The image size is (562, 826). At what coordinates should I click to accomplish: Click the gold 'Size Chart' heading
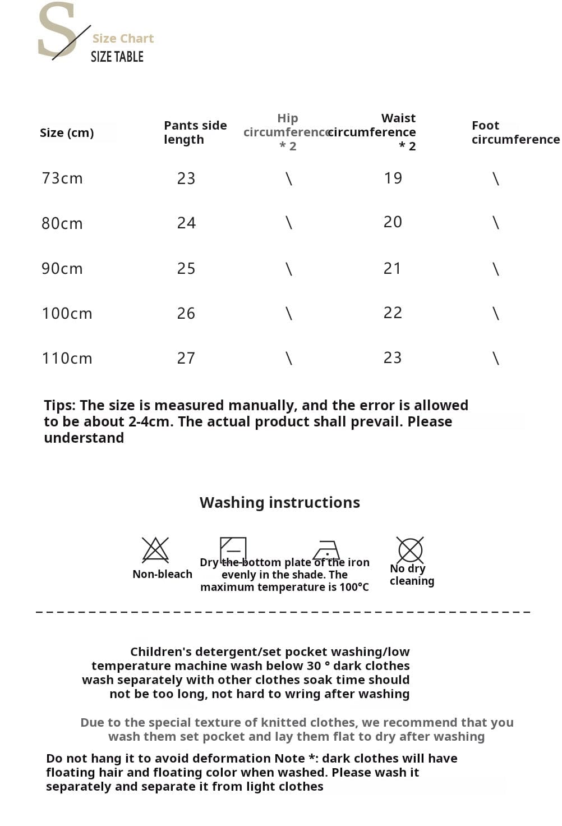point(123,38)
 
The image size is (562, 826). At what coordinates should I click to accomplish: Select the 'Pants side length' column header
point(195,132)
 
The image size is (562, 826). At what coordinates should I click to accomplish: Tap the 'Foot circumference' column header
point(515,132)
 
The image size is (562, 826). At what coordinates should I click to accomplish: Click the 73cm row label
point(62,178)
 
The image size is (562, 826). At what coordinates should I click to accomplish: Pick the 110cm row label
point(67,358)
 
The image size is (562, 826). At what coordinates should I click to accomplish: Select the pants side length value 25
point(186,268)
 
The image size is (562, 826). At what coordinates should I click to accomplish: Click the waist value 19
point(393,178)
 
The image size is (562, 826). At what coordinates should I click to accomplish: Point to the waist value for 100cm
point(393,313)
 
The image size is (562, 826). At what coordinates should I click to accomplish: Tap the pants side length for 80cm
point(186,223)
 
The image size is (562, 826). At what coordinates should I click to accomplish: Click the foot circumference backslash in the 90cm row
point(495,269)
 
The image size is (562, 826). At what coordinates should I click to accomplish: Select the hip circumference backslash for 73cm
point(289,179)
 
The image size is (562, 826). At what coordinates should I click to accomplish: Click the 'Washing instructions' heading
point(280,502)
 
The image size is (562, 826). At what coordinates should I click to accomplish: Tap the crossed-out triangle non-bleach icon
point(155,550)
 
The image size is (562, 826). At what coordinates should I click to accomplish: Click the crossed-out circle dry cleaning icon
point(410,550)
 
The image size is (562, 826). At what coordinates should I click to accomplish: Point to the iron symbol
point(326,550)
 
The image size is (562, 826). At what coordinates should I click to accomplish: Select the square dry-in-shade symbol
point(233,549)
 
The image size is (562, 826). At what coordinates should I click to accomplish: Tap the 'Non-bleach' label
point(162,574)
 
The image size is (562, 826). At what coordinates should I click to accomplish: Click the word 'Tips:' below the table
point(60,405)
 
